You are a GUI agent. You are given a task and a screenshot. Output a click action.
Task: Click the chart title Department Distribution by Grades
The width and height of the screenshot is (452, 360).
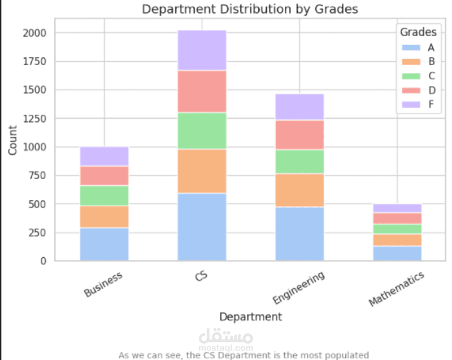(x=250, y=10)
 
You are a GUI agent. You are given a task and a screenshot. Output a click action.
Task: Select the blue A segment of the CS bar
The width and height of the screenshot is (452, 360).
(x=202, y=227)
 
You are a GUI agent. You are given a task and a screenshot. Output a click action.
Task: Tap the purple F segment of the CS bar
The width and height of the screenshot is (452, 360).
(x=202, y=50)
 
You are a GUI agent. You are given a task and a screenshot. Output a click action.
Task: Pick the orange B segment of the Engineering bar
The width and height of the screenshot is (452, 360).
(x=299, y=190)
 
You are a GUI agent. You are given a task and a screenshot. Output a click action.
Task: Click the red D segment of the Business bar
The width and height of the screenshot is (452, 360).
(x=105, y=176)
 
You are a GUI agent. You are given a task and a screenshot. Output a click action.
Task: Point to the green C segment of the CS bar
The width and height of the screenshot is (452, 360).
(x=202, y=131)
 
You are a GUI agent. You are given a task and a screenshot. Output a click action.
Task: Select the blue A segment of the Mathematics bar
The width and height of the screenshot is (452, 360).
(x=397, y=253)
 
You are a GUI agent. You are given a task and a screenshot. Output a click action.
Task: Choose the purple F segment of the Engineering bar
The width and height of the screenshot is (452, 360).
(x=299, y=107)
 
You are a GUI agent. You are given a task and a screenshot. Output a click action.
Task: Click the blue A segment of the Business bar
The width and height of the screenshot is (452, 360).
(x=105, y=244)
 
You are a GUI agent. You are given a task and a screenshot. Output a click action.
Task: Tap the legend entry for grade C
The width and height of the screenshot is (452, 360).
(x=416, y=76)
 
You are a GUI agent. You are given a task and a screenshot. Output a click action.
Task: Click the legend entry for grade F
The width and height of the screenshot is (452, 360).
(x=416, y=104)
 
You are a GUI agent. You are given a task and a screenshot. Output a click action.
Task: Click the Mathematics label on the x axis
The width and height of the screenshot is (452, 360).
(x=396, y=289)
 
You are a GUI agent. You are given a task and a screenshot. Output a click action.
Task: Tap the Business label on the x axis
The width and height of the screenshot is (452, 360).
(x=103, y=284)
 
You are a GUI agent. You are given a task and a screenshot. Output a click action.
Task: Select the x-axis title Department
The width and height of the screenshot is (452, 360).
(x=250, y=316)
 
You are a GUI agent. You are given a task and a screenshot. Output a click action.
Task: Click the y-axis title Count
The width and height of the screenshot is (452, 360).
(x=13, y=140)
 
